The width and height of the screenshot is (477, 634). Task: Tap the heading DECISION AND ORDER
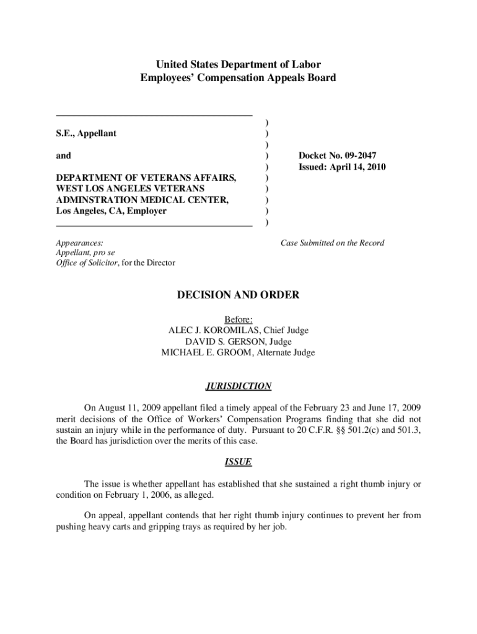point(238,295)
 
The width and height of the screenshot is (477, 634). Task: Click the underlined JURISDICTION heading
point(238,386)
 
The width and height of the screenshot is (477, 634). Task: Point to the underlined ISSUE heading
point(238,462)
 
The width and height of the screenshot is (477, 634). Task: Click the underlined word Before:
point(239,319)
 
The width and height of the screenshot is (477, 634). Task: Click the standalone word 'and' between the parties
point(63,155)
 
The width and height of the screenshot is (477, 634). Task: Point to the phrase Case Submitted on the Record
point(332,243)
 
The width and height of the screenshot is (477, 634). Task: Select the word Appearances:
point(79,243)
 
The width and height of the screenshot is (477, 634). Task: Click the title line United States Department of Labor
point(238,64)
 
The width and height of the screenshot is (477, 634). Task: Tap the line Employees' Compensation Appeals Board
point(238,78)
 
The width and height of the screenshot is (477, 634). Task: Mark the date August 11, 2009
point(128,407)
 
